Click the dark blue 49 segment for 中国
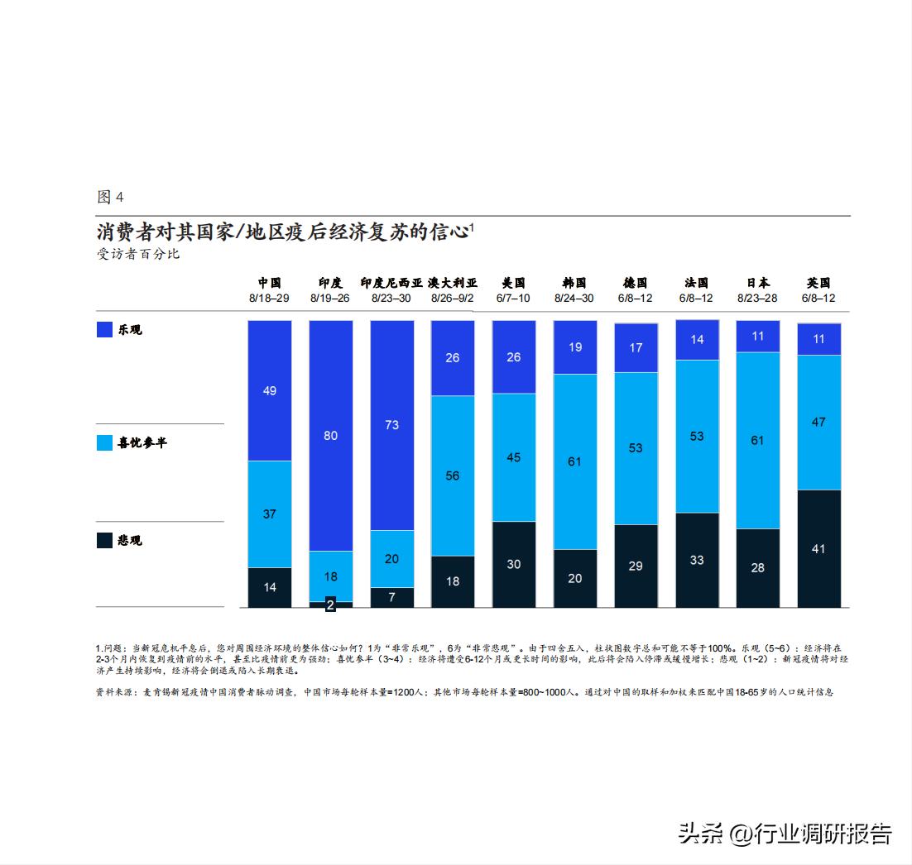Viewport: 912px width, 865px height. [270, 390]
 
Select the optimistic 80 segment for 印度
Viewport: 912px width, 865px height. [331, 435]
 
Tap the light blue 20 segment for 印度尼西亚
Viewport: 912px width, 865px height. [392, 558]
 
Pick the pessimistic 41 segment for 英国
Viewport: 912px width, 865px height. [819, 548]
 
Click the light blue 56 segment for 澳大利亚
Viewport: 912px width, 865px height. [453, 476]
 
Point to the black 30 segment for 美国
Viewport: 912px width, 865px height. [514, 564]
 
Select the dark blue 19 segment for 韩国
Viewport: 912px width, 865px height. [575, 347]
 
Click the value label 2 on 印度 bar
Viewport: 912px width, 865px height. [331, 605]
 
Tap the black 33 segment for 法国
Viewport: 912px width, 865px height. [697, 560]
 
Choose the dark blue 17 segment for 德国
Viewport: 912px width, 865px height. [636, 348]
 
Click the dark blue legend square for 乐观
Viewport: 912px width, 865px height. [105, 329]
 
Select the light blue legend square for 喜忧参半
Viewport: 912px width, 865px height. [105, 442]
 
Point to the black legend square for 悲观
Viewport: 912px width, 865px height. [105, 540]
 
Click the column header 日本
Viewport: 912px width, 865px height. [757, 283]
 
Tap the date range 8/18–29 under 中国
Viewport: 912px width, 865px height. [270, 298]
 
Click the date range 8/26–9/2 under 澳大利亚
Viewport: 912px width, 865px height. [453, 298]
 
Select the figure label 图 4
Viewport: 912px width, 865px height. [110, 197]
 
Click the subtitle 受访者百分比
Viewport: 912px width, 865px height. [138, 254]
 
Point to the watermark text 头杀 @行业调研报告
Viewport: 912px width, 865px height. [785, 832]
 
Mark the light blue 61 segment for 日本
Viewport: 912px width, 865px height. [758, 441]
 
